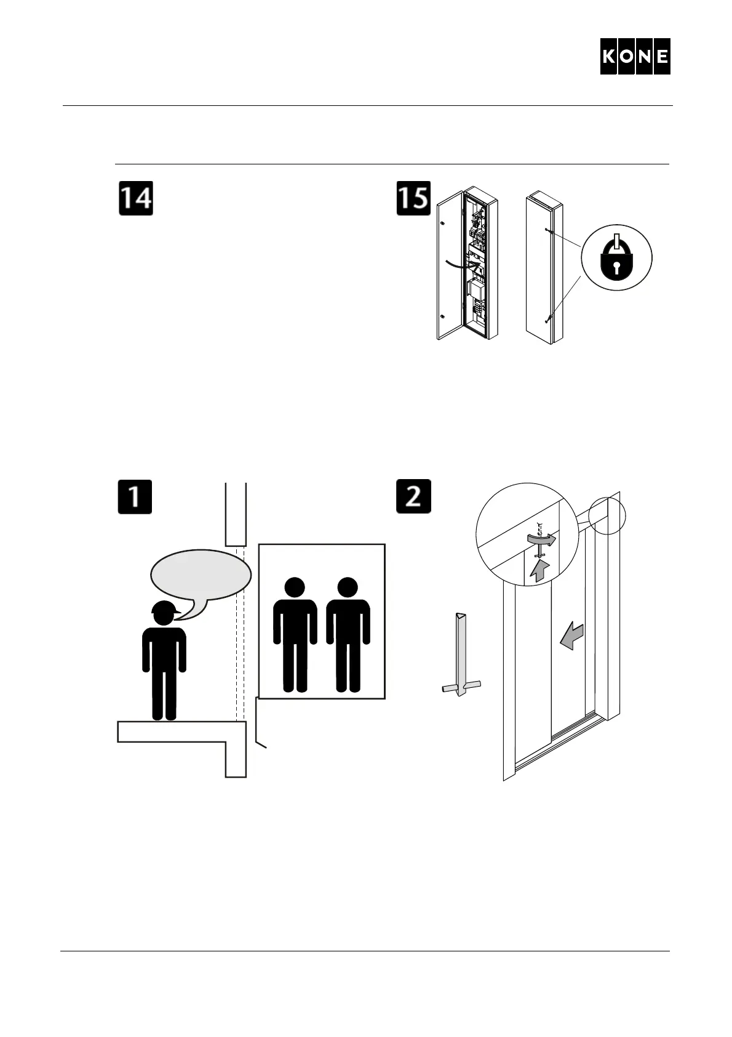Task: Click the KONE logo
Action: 635,57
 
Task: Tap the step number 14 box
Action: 135,198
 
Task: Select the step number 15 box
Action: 413,198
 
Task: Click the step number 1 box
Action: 135,497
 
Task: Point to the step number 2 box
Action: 413,497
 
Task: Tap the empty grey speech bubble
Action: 201,576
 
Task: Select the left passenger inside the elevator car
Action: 295,634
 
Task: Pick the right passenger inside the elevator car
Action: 348,634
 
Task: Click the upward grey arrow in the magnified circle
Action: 539,570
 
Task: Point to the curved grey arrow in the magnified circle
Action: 541,539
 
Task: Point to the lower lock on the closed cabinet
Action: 547,319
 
